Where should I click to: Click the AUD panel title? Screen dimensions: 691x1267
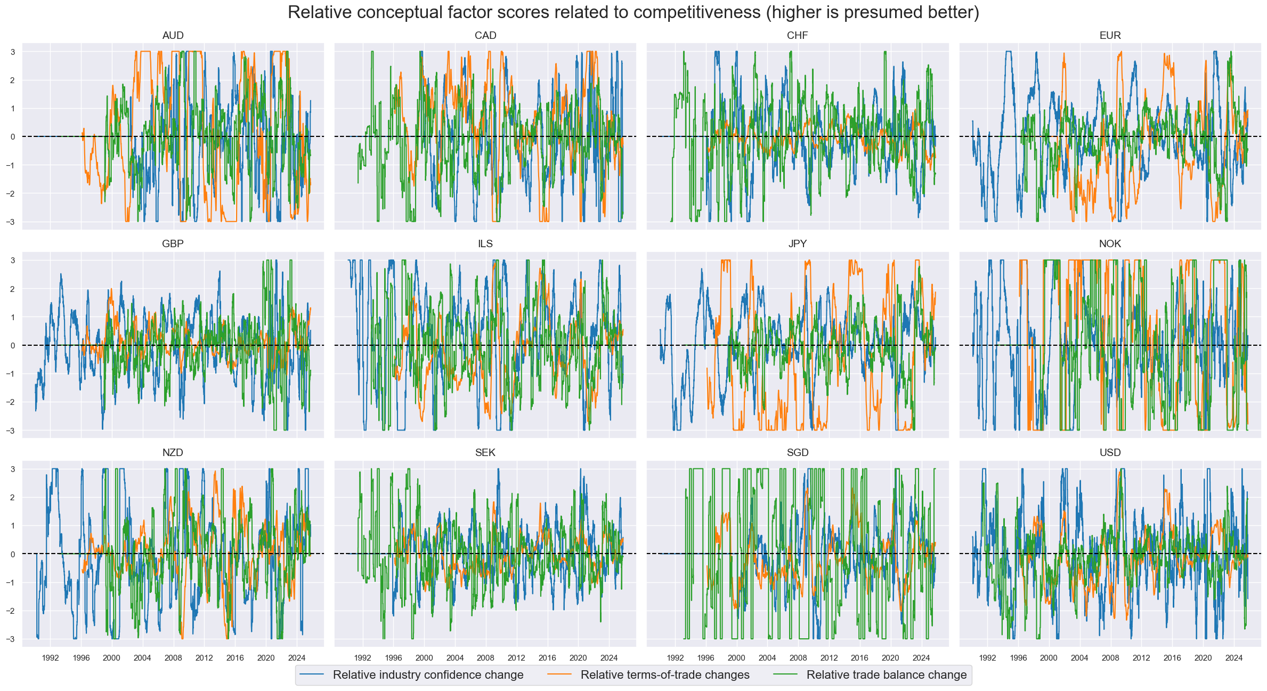(173, 36)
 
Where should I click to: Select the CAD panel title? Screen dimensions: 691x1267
(485, 36)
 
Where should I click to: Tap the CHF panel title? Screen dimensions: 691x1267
(797, 36)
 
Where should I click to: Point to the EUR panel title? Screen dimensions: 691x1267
(1110, 36)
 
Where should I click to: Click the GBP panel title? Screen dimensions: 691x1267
(173, 244)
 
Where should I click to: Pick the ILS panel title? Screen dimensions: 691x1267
(485, 244)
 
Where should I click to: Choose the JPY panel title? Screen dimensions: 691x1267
(797, 244)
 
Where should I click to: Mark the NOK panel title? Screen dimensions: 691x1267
(1110, 244)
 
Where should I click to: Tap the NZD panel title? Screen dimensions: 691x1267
(173, 453)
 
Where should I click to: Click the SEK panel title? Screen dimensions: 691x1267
(485, 453)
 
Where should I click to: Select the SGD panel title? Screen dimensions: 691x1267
(797, 453)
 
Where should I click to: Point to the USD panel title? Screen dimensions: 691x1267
(1110, 453)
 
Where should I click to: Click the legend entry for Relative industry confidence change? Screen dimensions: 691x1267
(428, 675)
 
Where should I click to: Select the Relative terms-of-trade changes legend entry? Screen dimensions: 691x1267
(664, 675)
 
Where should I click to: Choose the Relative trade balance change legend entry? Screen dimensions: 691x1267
(886, 675)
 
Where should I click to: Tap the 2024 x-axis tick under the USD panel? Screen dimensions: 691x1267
(1233, 658)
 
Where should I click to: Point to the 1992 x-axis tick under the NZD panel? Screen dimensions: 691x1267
(50, 658)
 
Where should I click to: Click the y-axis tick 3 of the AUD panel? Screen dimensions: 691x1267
(13, 52)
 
